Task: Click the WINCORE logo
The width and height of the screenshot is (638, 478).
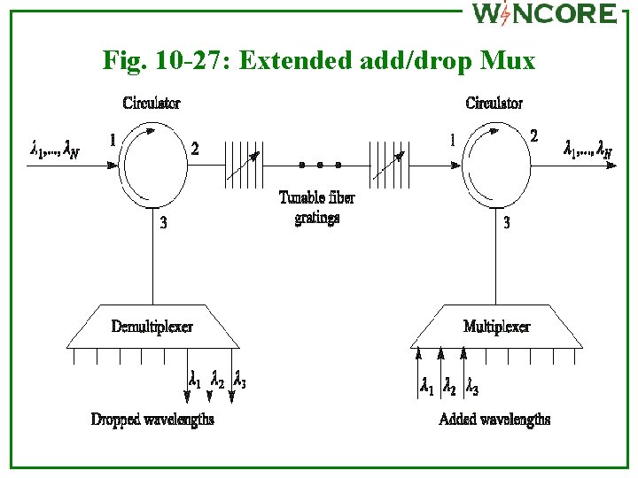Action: pyautogui.click(x=543, y=13)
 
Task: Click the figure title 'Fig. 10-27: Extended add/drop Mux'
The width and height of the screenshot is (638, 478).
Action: pyautogui.click(x=319, y=61)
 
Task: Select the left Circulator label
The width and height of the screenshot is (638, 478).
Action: pyautogui.click(x=152, y=104)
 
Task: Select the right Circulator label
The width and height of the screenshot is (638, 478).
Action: pyautogui.click(x=494, y=104)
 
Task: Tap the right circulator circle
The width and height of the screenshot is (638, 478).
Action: pyautogui.click(x=494, y=165)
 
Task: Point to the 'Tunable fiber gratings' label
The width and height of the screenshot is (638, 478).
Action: pyautogui.click(x=316, y=207)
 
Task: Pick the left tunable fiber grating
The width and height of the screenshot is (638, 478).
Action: pyautogui.click(x=244, y=165)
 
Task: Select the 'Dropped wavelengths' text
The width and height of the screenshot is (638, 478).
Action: pyautogui.click(x=152, y=419)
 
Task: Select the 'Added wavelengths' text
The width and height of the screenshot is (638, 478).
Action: pyautogui.click(x=494, y=419)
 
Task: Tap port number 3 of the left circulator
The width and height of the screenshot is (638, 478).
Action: pyautogui.click(x=163, y=223)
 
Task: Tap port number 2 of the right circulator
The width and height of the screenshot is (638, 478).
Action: pyautogui.click(x=533, y=135)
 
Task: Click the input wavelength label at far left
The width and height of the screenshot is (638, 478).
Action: pyautogui.click(x=55, y=150)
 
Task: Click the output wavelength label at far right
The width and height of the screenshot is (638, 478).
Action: pyautogui.click(x=587, y=150)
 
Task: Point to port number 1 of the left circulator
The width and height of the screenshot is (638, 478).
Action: pyautogui.click(x=113, y=139)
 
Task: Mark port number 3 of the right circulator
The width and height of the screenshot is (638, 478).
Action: pyautogui.click(x=506, y=223)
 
